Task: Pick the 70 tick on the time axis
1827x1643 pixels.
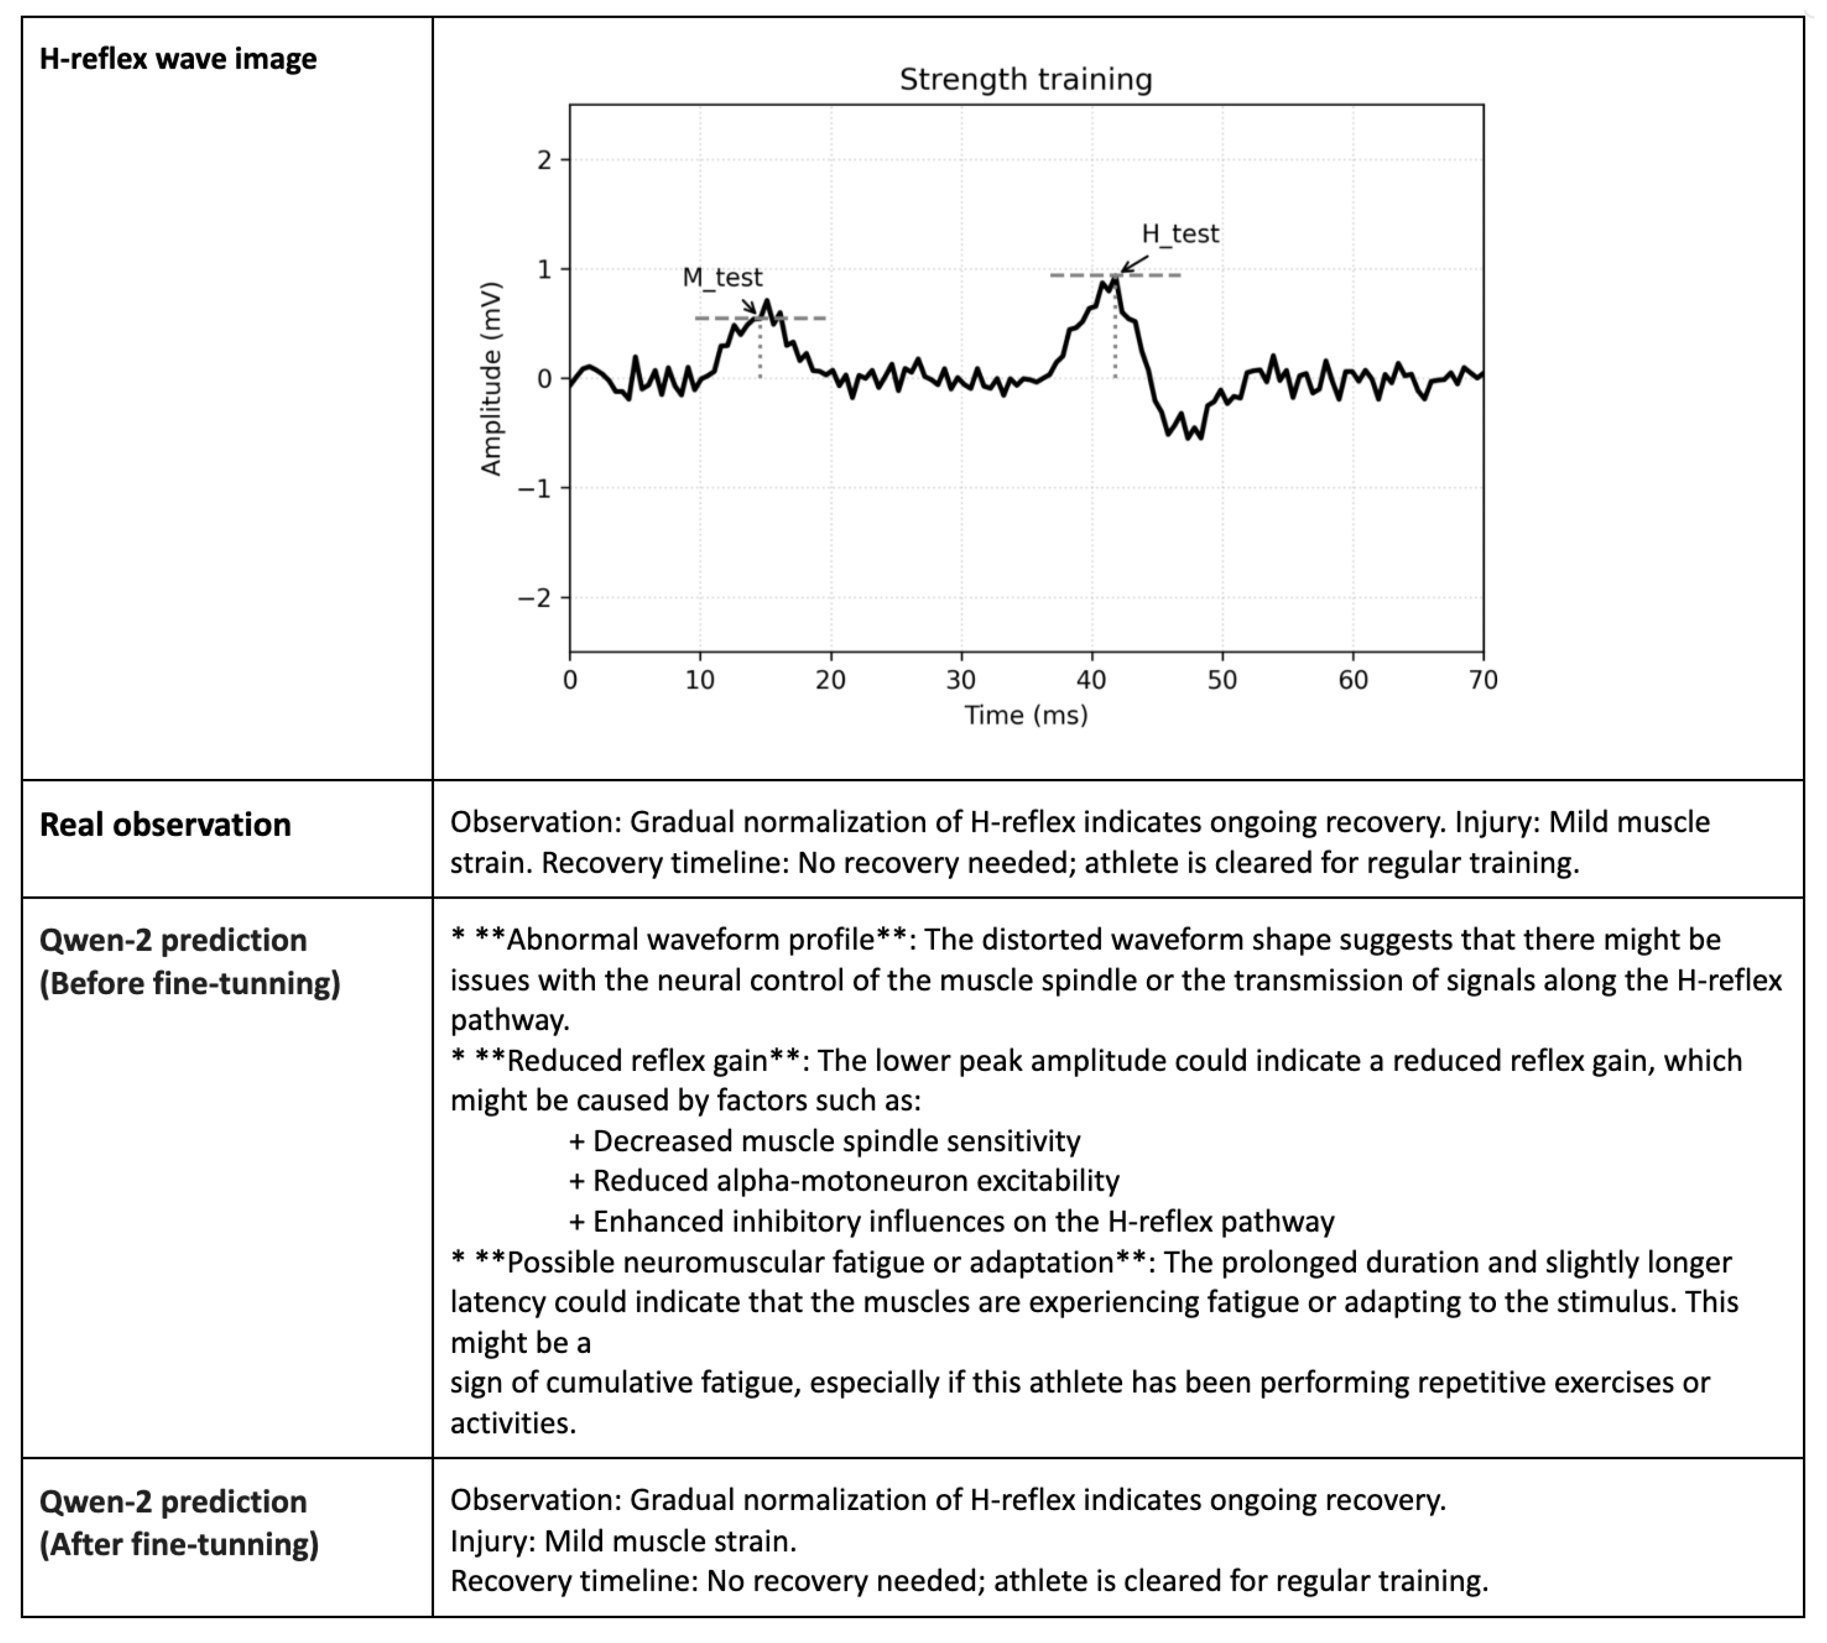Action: pyautogui.click(x=1483, y=680)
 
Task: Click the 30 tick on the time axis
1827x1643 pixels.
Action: pyautogui.click(x=961, y=680)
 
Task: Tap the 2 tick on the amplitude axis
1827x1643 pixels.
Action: pyautogui.click(x=544, y=161)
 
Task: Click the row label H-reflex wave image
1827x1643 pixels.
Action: pyautogui.click(x=178, y=59)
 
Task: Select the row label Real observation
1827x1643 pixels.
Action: pyautogui.click(x=165, y=824)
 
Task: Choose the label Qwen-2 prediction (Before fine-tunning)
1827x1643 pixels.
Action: pyautogui.click(x=189, y=961)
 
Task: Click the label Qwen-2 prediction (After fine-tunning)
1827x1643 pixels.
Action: pyautogui.click(x=179, y=1523)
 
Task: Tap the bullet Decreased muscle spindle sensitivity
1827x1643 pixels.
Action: pyautogui.click(x=835, y=1141)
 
